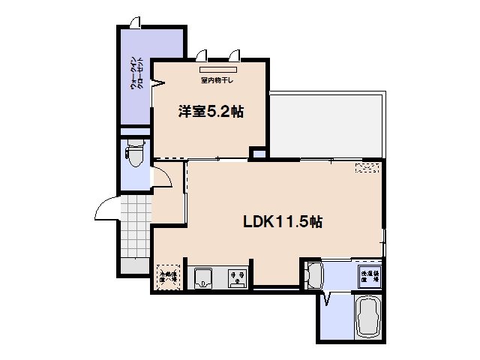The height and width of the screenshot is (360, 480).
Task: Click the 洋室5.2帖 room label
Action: (210, 112)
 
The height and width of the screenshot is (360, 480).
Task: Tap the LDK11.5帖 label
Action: (282, 222)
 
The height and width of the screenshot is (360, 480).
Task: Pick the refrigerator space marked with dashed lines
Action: (169, 277)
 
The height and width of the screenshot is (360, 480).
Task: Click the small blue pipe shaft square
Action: (257, 154)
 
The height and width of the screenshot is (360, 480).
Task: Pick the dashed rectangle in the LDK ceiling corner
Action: (367, 168)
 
